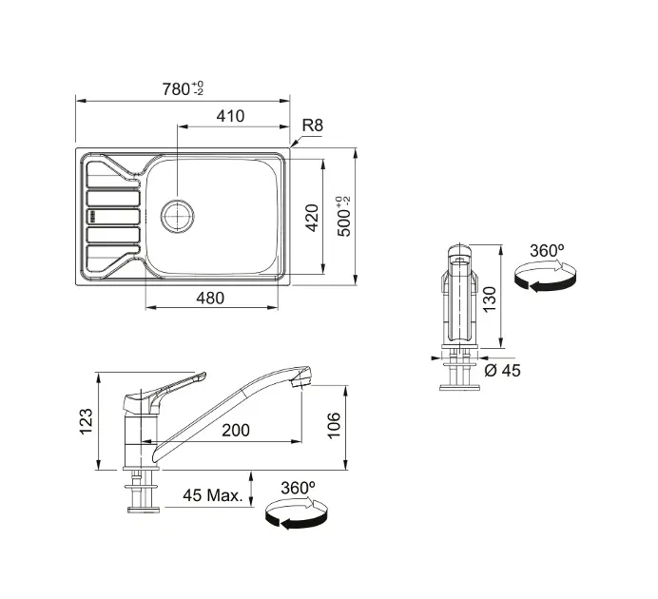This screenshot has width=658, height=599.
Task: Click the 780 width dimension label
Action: (x=183, y=89)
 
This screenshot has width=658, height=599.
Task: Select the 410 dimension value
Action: (x=230, y=116)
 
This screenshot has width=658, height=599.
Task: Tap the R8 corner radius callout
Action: (x=313, y=126)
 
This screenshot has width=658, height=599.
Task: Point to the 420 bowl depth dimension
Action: (x=312, y=218)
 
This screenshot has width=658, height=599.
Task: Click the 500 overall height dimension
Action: (x=344, y=216)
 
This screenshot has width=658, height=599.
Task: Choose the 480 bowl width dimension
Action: (x=210, y=299)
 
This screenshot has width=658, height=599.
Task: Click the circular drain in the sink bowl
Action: (x=178, y=217)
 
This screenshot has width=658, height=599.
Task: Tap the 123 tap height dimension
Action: (x=86, y=421)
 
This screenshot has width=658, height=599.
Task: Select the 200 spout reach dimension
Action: (x=236, y=430)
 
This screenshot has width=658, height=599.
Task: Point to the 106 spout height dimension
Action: (x=334, y=425)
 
